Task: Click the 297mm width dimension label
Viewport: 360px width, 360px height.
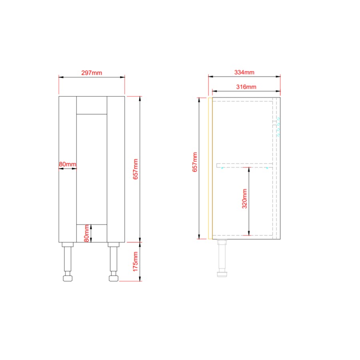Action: pos(92,73)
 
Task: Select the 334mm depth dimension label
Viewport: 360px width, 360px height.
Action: pos(244,72)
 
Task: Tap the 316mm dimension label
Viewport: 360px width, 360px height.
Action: pos(246,87)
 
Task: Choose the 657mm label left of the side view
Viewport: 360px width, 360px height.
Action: pos(195,162)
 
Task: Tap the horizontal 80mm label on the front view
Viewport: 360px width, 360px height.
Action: pos(67,164)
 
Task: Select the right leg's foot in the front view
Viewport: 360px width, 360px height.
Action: pos(113,277)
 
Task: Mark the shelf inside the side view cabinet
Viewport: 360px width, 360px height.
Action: pos(244,165)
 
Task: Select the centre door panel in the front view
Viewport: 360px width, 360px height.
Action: pos(92,168)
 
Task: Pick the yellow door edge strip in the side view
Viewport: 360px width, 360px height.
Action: pos(210,168)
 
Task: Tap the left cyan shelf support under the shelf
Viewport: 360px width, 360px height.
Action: pos(222,168)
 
